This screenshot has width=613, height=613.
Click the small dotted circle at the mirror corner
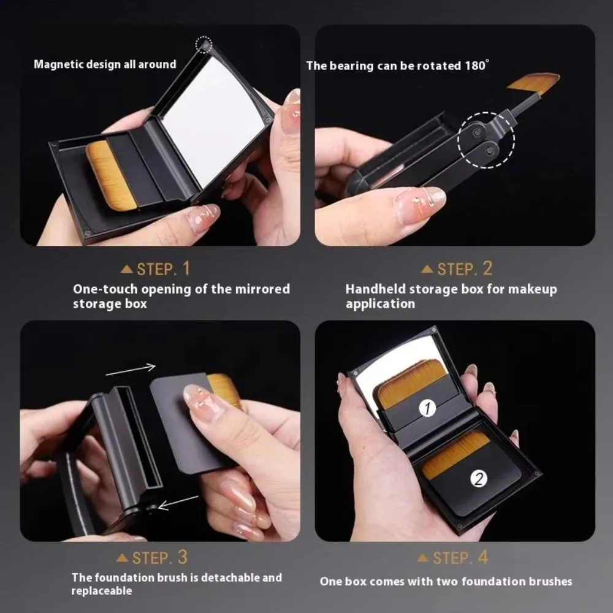(x=204, y=44)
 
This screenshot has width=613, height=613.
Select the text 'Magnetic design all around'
(x=105, y=64)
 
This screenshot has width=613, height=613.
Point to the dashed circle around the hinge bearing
(x=486, y=139)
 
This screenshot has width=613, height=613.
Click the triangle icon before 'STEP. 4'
(x=423, y=558)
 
